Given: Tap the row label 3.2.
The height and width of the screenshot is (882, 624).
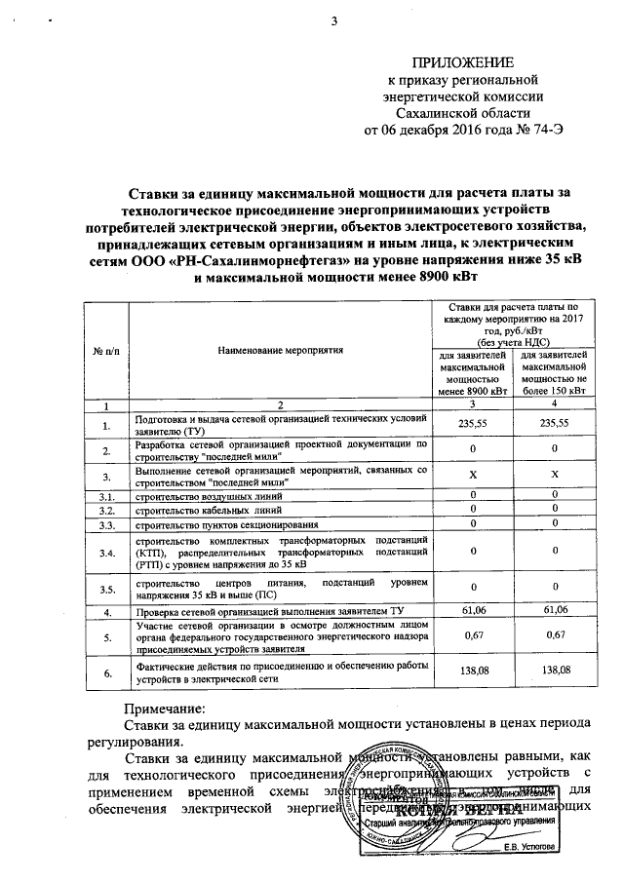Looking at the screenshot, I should click(106, 511).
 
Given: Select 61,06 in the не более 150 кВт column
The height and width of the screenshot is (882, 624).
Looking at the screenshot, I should click(554, 610).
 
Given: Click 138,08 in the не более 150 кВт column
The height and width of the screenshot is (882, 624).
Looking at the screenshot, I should click(554, 671).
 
